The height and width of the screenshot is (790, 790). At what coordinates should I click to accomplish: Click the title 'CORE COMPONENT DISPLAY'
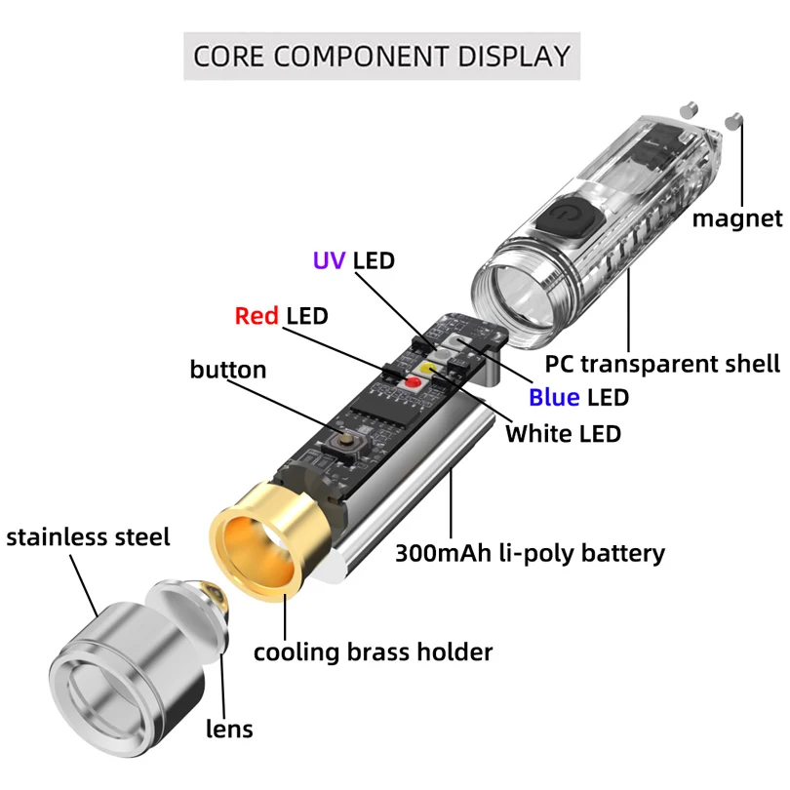381,56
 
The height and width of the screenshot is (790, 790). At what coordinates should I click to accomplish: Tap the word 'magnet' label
737,218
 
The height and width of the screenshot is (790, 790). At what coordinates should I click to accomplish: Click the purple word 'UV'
329,260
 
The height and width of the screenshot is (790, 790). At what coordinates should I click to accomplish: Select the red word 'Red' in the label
257,316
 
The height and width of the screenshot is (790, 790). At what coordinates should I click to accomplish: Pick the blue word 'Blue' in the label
554,398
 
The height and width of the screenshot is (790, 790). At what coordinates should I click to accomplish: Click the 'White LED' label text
564,434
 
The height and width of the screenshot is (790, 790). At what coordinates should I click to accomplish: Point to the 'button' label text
228,370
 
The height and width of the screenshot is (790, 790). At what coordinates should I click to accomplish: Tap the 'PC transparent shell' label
662,364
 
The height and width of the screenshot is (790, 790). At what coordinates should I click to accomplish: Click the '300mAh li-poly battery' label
530,553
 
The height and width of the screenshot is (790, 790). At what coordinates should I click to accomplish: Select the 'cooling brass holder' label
373,652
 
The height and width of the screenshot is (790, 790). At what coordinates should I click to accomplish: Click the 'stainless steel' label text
88,537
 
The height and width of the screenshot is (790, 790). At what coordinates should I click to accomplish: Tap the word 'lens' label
229,729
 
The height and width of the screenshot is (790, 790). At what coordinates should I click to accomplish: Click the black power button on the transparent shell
571,221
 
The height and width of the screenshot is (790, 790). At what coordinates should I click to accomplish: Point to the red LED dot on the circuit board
414,382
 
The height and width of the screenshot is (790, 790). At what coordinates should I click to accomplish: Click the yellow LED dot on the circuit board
430,369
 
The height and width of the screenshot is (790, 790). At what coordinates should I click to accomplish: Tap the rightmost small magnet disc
733,120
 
